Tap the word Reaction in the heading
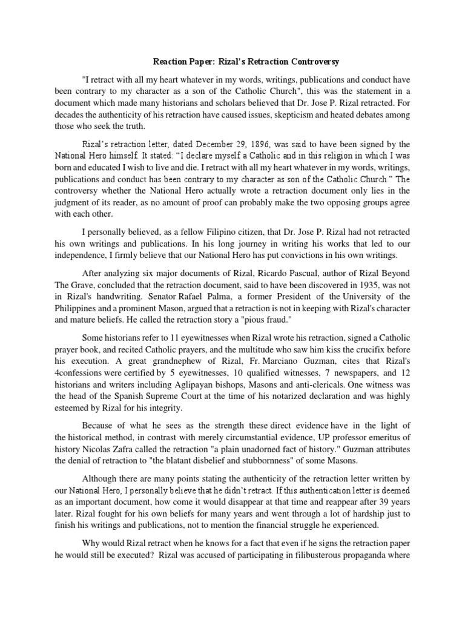tap(171, 62)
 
